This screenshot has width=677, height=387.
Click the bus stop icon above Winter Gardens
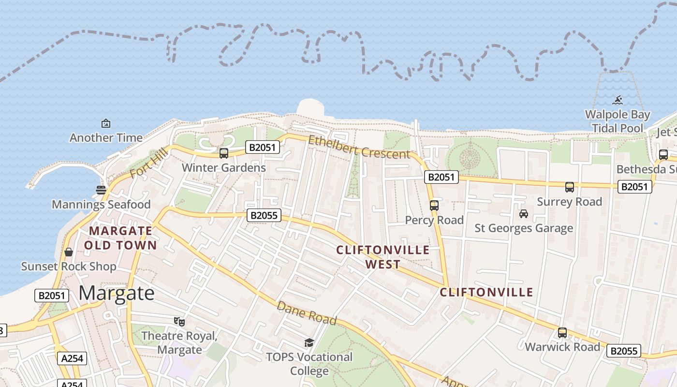coord(223,153)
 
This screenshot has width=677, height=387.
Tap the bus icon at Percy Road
coord(434,205)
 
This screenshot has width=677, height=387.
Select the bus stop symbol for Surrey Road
coord(570,187)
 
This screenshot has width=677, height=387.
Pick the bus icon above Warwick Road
coord(562,333)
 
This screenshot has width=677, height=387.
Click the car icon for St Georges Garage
coord(523,213)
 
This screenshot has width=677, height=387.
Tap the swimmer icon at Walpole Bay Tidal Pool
coord(618,101)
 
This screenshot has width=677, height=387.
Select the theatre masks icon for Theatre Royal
coord(179,321)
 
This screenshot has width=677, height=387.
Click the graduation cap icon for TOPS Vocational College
coord(309,343)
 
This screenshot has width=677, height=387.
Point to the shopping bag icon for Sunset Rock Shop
coord(69,252)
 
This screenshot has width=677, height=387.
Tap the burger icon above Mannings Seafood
coord(101,190)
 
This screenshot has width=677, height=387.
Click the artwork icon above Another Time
coord(106,123)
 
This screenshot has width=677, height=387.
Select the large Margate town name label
coord(117,293)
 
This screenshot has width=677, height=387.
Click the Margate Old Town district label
coord(120,238)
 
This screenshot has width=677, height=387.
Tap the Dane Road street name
coord(307,313)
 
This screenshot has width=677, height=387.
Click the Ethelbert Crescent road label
coord(359,147)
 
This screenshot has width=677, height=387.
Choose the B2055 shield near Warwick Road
coord(624,351)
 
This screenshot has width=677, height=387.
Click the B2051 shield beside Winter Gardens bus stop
coord(263,147)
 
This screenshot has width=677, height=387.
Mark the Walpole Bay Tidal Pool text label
coord(618,121)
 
